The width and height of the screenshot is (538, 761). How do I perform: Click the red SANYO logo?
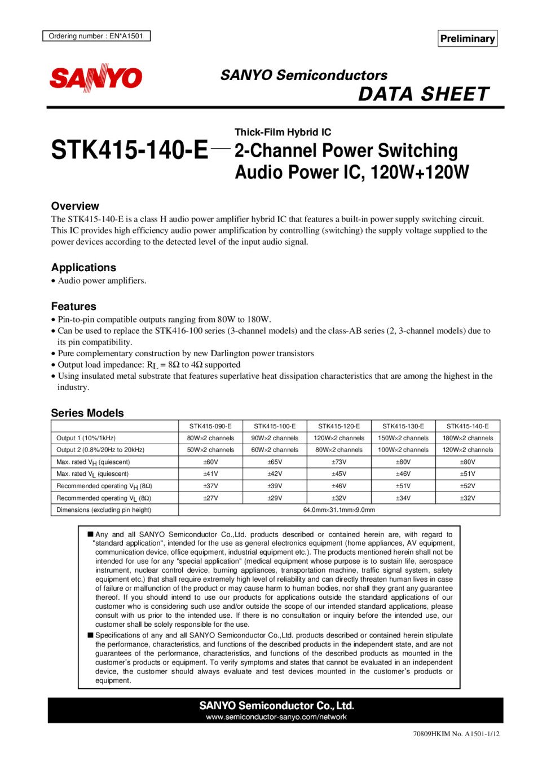click(96, 78)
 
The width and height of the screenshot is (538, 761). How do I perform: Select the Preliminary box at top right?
click(468, 38)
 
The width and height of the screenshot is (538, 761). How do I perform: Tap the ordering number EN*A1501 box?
click(96, 36)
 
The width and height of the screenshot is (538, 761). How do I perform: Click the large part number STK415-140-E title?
click(129, 150)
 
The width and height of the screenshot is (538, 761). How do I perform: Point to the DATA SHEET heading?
click(424, 94)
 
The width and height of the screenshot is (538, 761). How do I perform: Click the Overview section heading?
click(75, 206)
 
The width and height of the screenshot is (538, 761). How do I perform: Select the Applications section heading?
click(83, 267)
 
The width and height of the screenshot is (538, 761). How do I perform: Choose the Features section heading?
click(74, 306)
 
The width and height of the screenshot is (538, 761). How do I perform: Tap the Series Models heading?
click(87, 413)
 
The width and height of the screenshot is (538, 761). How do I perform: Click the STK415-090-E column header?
click(210, 426)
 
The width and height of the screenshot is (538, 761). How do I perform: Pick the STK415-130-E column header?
click(403, 426)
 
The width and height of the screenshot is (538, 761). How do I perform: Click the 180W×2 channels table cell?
click(468, 438)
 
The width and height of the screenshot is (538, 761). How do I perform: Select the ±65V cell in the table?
click(275, 462)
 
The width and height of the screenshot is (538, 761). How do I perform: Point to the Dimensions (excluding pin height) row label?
click(104, 510)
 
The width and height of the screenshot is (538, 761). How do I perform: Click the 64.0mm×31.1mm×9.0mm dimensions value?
click(339, 510)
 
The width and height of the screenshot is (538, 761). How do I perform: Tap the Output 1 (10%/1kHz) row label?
click(86, 438)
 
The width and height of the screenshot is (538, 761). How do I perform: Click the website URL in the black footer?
click(276, 717)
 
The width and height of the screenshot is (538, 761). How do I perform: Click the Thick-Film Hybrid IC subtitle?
click(283, 132)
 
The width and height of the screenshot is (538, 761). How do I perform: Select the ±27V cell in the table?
click(210, 498)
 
